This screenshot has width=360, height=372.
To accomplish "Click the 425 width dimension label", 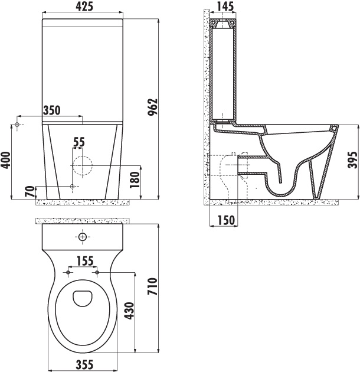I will pyautogui.click(x=82, y=8).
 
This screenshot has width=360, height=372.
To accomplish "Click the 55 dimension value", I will pyautogui.click(x=78, y=142).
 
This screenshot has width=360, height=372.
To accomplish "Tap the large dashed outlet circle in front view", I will pyautogui.click(x=81, y=165).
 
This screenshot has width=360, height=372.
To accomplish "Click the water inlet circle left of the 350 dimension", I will pyautogui.click(x=18, y=125).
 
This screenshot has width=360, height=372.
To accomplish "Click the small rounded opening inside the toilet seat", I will pyautogui.click(x=82, y=298).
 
